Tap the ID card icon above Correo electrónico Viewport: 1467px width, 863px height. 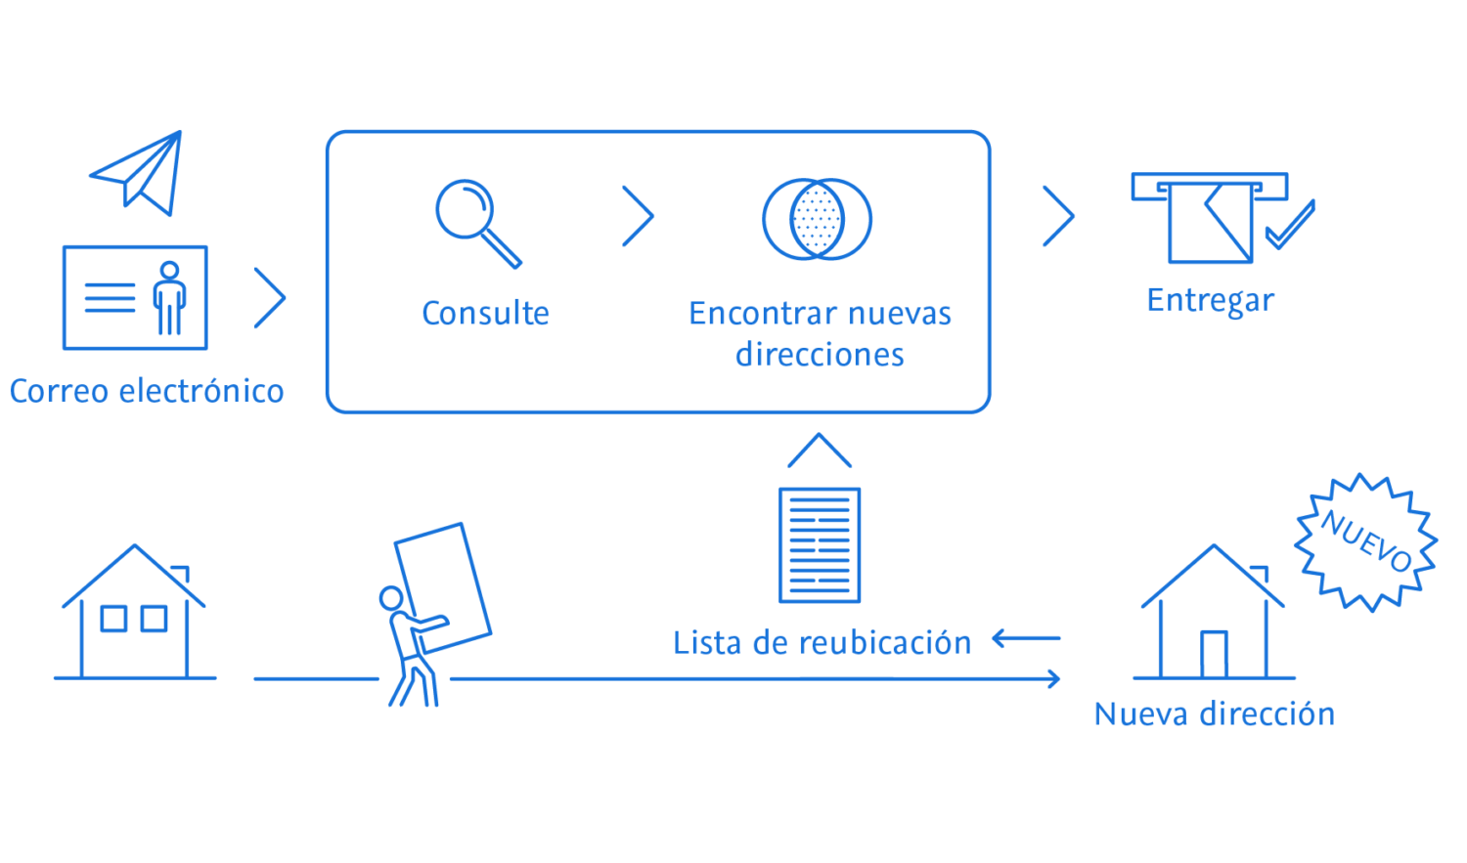[x=135, y=297]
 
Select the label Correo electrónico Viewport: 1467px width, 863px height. [x=147, y=391]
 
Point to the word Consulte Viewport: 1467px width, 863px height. [x=485, y=314]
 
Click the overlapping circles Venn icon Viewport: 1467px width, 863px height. [x=818, y=219]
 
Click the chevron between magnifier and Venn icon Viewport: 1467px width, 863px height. [x=639, y=216]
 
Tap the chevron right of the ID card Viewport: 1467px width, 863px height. [x=270, y=297]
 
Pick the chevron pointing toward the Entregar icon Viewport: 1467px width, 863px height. [x=1058, y=216]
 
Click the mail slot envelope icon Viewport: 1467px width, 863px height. [x=1210, y=218]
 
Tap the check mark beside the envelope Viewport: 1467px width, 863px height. [x=1290, y=226]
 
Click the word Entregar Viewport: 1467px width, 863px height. [x=1210, y=300]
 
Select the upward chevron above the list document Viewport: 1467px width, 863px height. [x=820, y=451]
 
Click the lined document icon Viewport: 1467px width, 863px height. [x=820, y=544]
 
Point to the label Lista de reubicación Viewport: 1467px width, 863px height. [x=822, y=643]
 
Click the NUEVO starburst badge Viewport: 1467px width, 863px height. [x=1365, y=542]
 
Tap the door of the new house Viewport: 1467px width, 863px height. [x=1214, y=654]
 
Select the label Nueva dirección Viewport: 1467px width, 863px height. [x=1214, y=714]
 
